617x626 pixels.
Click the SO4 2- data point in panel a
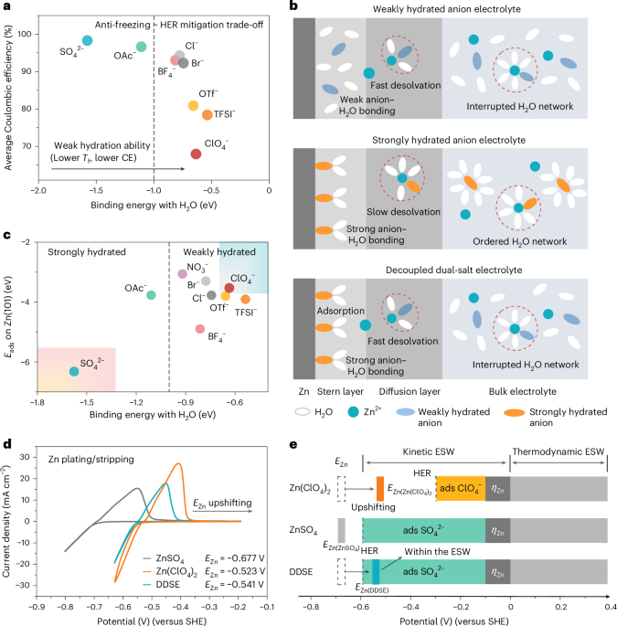coord(88,40)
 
